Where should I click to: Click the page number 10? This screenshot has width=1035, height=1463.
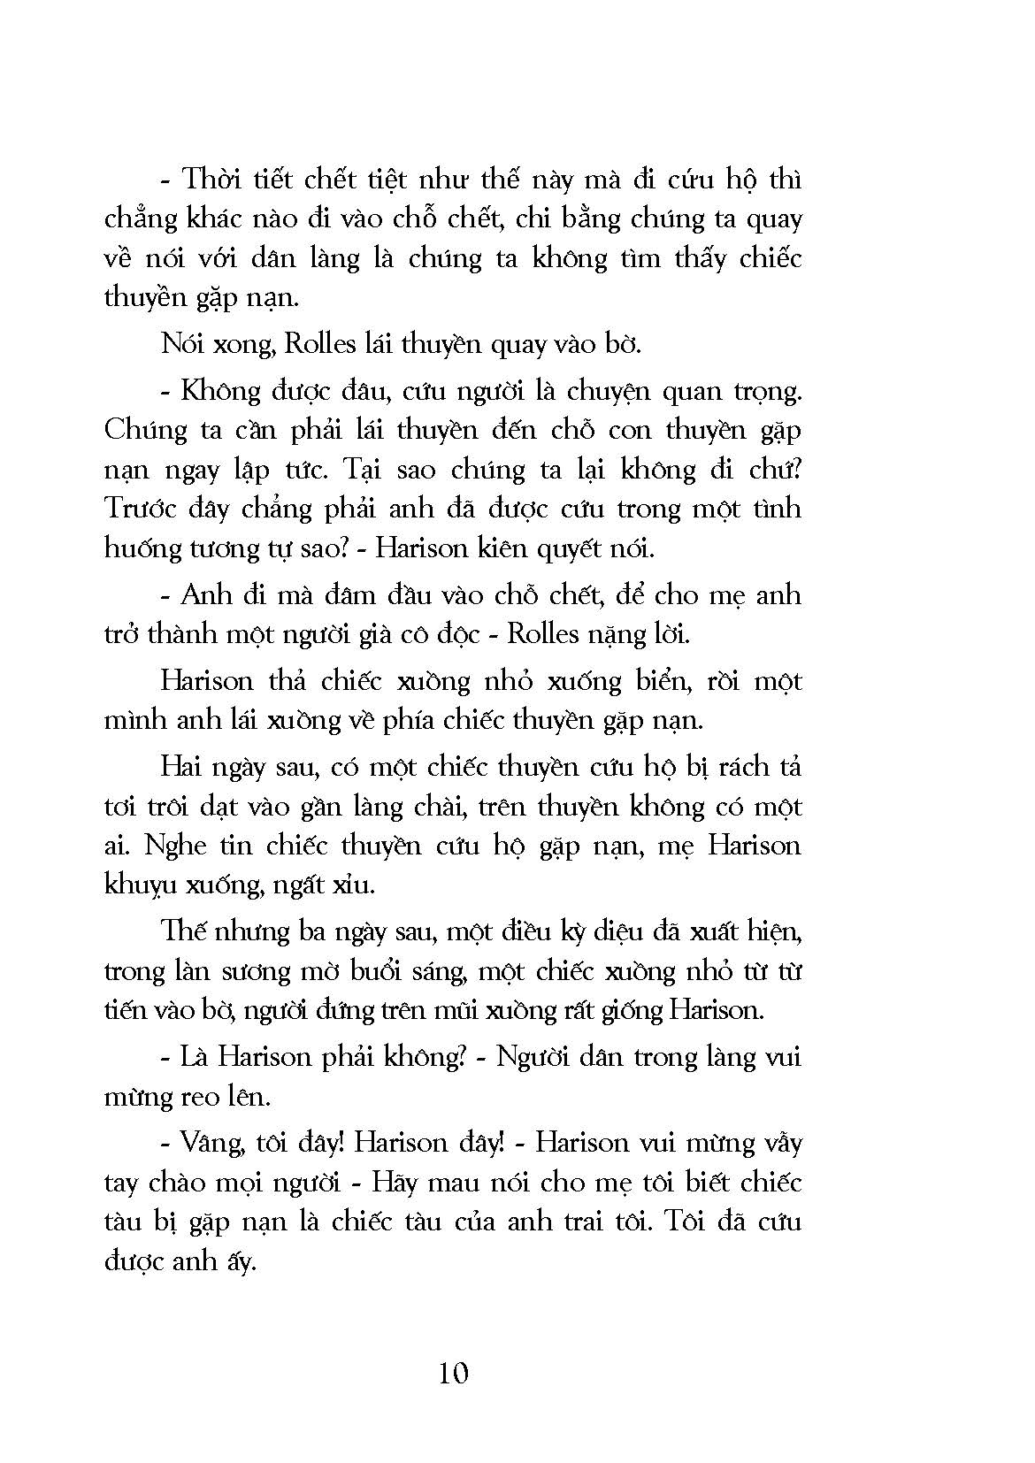click(x=452, y=1373)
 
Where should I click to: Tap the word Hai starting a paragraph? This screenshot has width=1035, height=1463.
click(x=181, y=766)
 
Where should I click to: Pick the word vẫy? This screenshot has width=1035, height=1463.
click(x=778, y=1143)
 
